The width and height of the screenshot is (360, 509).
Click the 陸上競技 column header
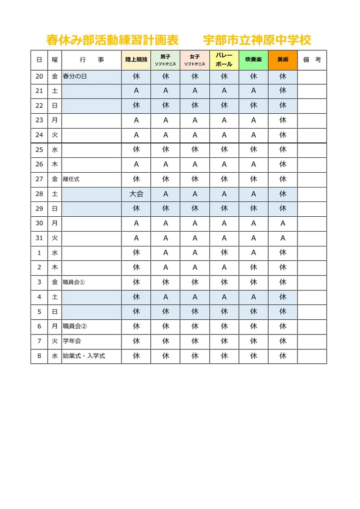coord(136,60)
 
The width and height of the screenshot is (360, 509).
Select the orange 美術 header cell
coord(283,60)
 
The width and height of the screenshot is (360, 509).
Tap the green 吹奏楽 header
coord(253,60)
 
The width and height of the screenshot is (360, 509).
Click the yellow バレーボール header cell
coord(224,60)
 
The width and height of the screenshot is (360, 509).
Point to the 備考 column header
coord(312,60)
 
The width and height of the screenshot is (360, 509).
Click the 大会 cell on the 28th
coord(136,194)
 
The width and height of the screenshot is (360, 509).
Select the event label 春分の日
coord(75,76)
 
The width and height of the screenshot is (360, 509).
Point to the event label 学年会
coord(72,341)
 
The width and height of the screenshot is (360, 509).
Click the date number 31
coord(39,238)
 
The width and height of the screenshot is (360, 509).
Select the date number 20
coord(39,76)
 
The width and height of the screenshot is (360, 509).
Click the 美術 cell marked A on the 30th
coord(283,223)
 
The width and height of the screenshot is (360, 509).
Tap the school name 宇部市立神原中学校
coord(257,40)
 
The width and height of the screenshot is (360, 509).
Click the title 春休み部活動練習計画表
coord(112,40)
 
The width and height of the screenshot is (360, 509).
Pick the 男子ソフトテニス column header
coord(165,60)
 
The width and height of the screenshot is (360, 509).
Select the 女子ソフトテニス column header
coord(194,60)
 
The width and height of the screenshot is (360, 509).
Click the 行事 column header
coord(91,60)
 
